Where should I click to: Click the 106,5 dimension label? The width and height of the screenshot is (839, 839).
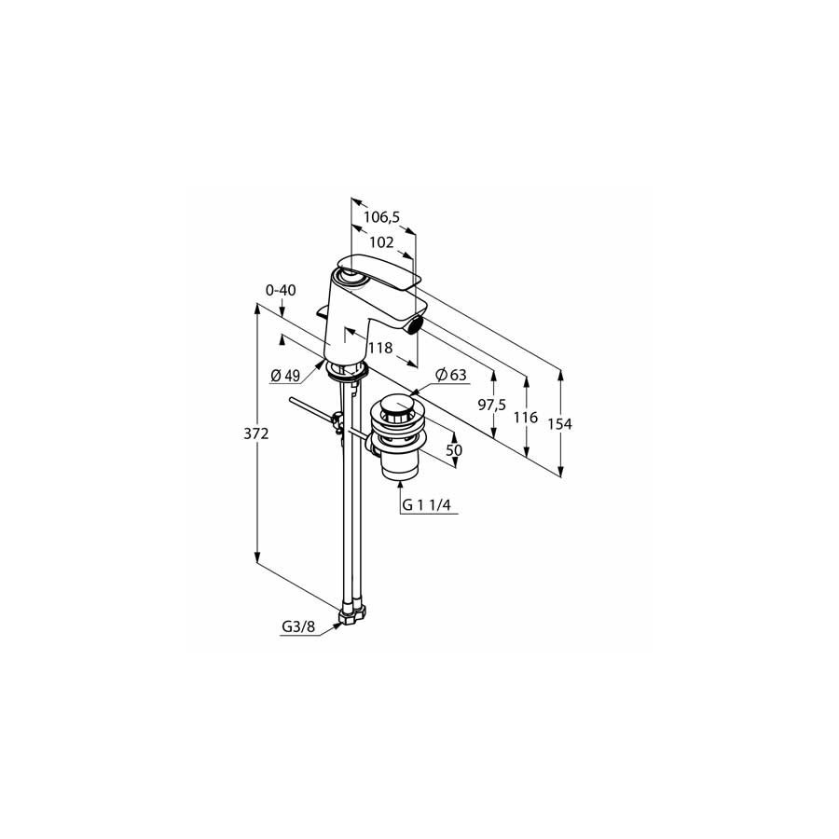(x=381, y=216)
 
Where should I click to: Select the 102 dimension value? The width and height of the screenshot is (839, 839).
(x=381, y=242)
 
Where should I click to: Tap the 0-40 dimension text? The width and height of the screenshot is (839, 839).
(x=281, y=290)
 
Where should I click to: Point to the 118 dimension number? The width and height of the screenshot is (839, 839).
(x=380, y=349)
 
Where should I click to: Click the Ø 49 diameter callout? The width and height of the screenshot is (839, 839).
(x=285, y=377)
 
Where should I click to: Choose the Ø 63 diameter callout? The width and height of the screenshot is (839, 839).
(x=451, y=375)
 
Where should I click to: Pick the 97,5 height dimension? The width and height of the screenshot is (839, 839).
(x=491, y=406)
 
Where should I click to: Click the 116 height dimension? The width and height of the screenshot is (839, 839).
(x=526, y=418)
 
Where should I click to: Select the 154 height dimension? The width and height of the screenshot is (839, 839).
(x=559, y=424)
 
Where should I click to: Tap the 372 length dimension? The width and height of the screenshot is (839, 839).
(x=255, y=433)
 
